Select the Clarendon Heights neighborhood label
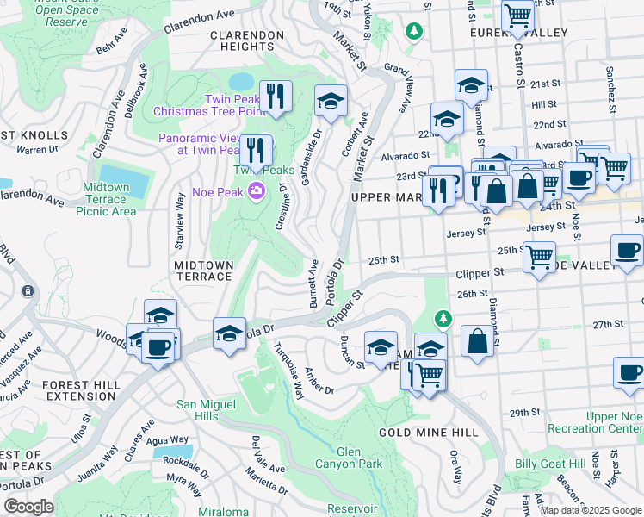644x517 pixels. click(x=246, y=41)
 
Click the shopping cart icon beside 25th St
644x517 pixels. click(x=539, y=256)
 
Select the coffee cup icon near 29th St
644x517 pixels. click(x=629, y=372)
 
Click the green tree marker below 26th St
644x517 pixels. click(x=443, y=319)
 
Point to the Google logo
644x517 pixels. click(x=28, y=507)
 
